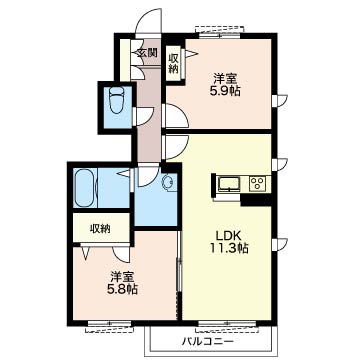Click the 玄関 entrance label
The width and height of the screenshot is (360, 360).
tap(147, 53)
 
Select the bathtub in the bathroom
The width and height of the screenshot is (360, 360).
tap(84, 188)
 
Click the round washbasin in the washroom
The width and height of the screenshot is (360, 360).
tap(167, 182)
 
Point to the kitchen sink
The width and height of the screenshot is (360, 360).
tap(229, 184)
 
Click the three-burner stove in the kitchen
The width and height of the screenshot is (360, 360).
tap(258, 183)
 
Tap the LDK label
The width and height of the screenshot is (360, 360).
tap(228, 236)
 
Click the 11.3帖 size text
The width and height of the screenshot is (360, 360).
tap(229, 248)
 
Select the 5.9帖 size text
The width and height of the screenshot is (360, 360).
tap(225, 91)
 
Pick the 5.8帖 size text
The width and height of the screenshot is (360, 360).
tap(122, 289)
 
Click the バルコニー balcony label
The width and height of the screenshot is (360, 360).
tap(208, 341)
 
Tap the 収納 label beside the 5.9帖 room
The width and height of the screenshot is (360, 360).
tap(174, 63)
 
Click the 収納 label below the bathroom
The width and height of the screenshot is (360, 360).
tap(100, 229)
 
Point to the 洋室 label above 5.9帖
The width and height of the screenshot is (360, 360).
tap(225, 79)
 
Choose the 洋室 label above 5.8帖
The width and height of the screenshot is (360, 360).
tap(122, 277)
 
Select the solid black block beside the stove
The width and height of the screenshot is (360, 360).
tap(256, 199)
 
